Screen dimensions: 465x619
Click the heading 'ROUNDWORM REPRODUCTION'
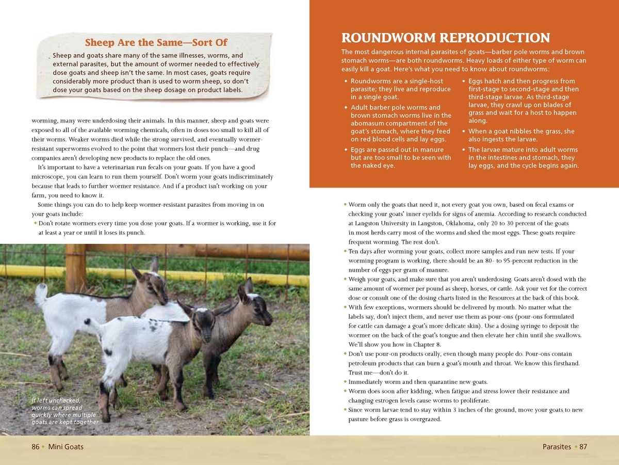[x=445, y=38]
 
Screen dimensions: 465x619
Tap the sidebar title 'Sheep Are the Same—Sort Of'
[x=156, y=42]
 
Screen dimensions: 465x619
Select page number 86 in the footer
[x=36, y=447]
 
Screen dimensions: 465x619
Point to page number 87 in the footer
[x=583, y=447]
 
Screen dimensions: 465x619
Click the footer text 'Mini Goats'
[x=66, y=447]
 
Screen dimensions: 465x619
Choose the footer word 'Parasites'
[x=557, y=447]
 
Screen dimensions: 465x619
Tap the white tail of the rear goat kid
[x=41, y=294]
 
